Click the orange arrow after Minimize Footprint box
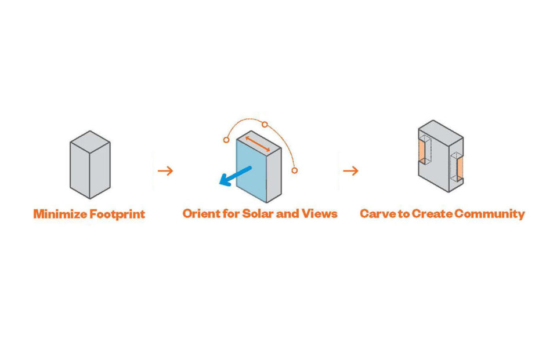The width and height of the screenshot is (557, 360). (x=165, y=170)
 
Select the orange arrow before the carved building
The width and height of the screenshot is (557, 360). (x=350, y=170)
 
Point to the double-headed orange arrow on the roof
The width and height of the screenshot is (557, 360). (x=257, y=144)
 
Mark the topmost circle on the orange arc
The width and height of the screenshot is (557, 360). (x=265, y=124)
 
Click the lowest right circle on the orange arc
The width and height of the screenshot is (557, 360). (x=295, y=170)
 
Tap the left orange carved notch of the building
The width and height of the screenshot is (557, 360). (x=422, y=152)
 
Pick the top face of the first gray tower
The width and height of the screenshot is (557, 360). (x=90, y=141)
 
